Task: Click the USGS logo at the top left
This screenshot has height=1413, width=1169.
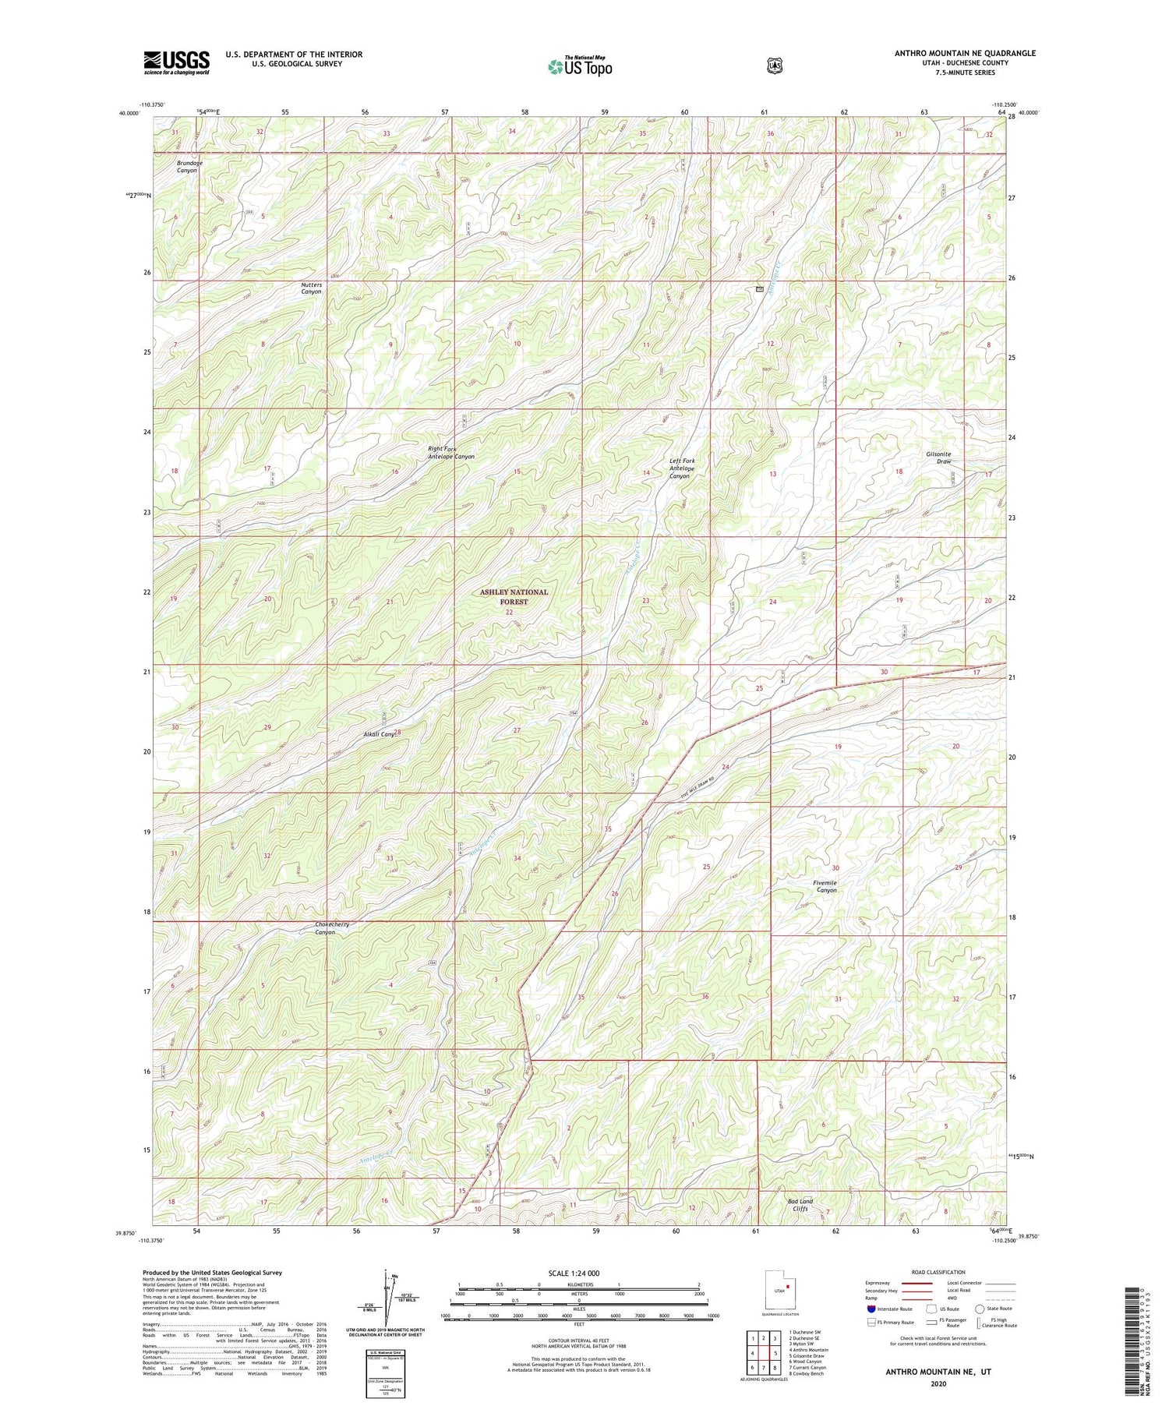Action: tap(177, 62)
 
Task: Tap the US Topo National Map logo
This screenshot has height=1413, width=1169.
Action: tap(580, 65)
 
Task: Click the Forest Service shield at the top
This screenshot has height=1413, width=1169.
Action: tap(773, 65)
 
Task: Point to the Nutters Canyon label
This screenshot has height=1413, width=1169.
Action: tap(311, 288)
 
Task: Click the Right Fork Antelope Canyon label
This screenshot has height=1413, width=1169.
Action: tap(450, 453)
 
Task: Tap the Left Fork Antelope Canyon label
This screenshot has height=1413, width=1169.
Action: tap(681, 468)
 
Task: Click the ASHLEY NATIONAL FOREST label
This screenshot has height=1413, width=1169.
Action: tap(514, 596)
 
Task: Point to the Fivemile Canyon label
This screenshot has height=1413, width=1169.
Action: tap(826, 886)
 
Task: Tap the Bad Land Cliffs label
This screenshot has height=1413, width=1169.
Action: tap(800, 1205)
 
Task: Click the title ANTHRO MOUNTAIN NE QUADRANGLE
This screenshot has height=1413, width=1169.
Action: tap(965, 53)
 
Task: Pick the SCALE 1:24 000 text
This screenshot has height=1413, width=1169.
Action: tap(579, 1273)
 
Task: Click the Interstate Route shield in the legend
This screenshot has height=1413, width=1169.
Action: tap(871, 1309)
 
